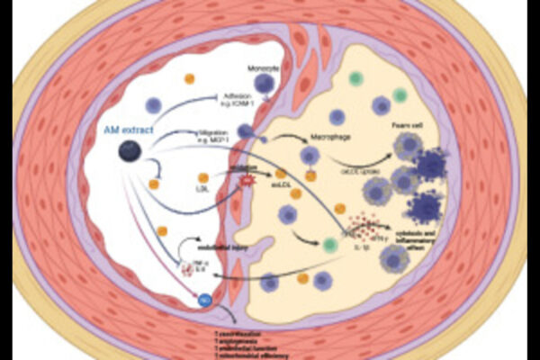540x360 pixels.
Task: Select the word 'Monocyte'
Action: pyautogui.click(x=264, y=68)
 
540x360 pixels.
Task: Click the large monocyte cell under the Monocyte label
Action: pyautogui.click(x=265, y=85)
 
